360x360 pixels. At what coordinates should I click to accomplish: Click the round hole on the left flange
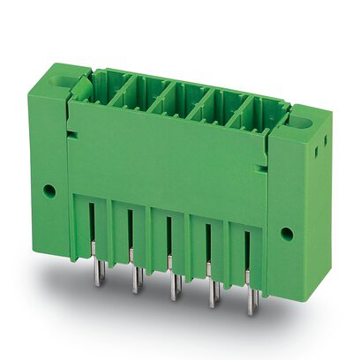click(x=49, y=190)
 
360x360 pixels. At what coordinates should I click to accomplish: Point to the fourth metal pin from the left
click(x=212, y=295)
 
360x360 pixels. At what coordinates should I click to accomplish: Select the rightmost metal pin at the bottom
click(x=251, y=303)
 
